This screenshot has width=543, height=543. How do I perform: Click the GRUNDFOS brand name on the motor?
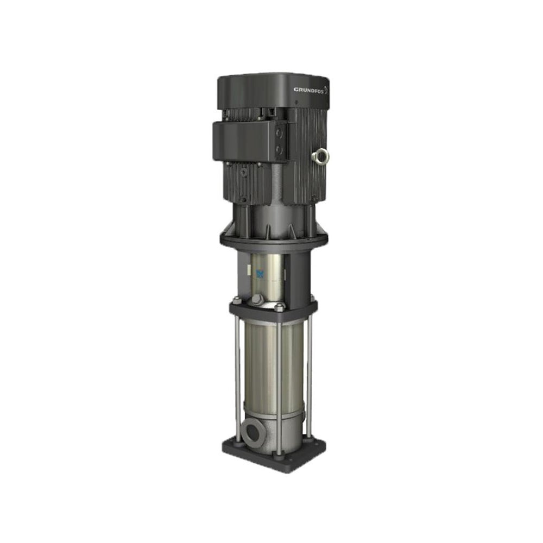[308, 90]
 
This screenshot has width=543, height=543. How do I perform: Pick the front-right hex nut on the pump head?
[279, 307]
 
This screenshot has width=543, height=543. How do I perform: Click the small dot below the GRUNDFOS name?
[296, 102]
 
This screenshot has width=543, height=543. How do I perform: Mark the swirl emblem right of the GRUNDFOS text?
[326, 90]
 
